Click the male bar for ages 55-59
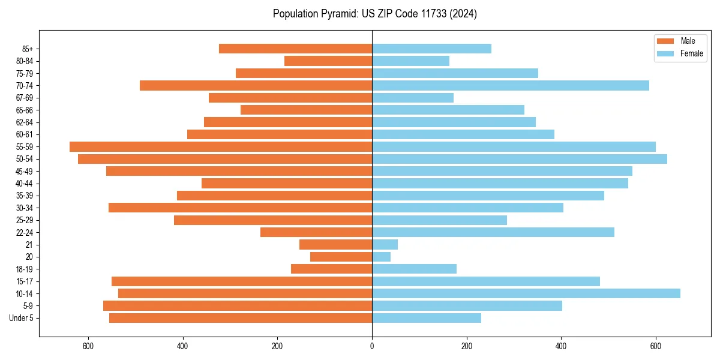click(x=221, y=146)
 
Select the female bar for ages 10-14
click(x=526, y=293)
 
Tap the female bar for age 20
click(x=382, y=257)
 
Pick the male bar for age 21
click(x=336, y=244)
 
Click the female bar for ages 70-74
click(x=511, y=85)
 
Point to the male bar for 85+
click(x=296, y=49)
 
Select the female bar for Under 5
click(x=427, y=318)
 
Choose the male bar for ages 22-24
click(x=316, y=232)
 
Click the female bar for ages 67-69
click(x=413, y=97)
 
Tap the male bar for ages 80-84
click(x=328, y=61)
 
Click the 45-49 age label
click(x=25, y=171)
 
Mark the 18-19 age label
click(x=25, y=269)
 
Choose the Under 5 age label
click(x=22, y=318)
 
